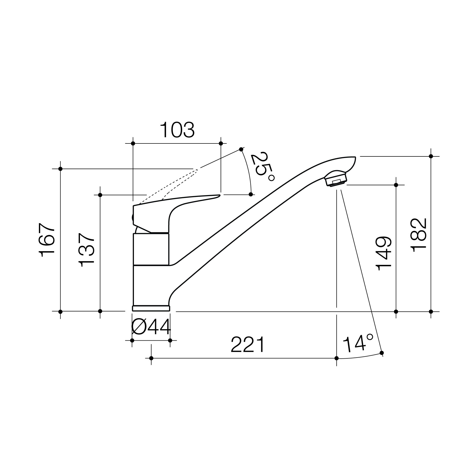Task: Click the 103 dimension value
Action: point(177,130)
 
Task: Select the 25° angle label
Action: point(263,166)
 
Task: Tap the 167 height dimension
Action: point(47,240)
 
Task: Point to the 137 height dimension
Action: point(87,250)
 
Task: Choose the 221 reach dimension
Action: point(247,345)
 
